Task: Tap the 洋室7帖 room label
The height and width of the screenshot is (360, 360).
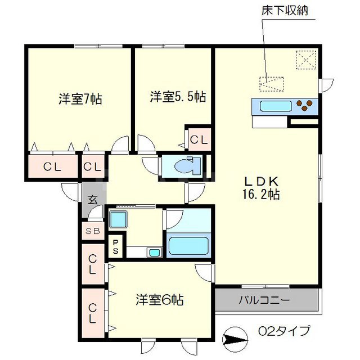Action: pyautogui.click(x=80, y=98)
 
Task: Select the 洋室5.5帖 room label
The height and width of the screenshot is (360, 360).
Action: pyautogui.click(x=177, y=96)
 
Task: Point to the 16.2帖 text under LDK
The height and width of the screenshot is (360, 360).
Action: pyautogui.click(x=262, y=195)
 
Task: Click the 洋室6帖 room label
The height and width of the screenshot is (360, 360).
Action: pyautogui.click(x=159, y=300)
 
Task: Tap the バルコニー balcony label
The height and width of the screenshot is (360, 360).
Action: pyautogui.click(x=267, y=300)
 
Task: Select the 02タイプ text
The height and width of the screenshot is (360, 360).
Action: pyautogui.click(x=284, y=331)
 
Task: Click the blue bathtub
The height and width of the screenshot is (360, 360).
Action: pyautogui.click(x=189, y=245)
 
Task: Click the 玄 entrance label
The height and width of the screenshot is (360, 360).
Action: pyautogui.click(x=92, y=199)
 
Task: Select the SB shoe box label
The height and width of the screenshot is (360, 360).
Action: pyautogui.click(x=92, y=231)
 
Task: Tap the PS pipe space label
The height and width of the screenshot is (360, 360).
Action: pyautogui.click(x=116, y=245)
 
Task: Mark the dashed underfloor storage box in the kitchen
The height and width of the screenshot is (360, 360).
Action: pyautogui.click(x=272, y=83)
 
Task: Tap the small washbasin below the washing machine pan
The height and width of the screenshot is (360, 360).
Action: pyautogui.click(x=154, y=252)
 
